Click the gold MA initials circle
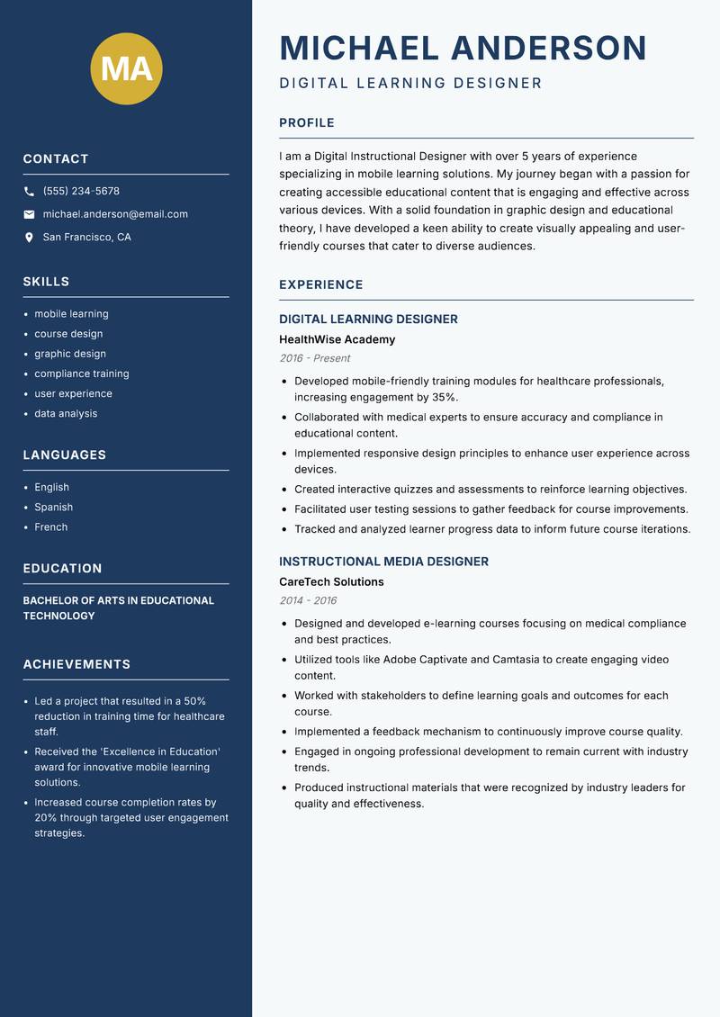coord(127,68)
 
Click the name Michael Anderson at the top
coord(463,48)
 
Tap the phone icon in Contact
coord(29,192)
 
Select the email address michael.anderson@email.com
coord(115,214)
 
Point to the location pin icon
coord(29,238)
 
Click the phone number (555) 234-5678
coord(81,191)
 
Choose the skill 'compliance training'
coord(82,373)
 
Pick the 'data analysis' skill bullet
coord(66,413)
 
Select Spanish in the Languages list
coord(54,507)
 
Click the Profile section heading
coord(307,122)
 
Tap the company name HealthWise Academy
coord(337,339)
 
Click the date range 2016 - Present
coord(314,358)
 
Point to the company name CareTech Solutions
coord(331,581)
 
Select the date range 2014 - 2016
coord(308,600)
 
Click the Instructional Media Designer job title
coord(383,562)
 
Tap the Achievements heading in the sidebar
coord(76,664)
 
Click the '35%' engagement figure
coord(444,397)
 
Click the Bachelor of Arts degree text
coord(118,607)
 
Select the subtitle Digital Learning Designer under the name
coord(410,84)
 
